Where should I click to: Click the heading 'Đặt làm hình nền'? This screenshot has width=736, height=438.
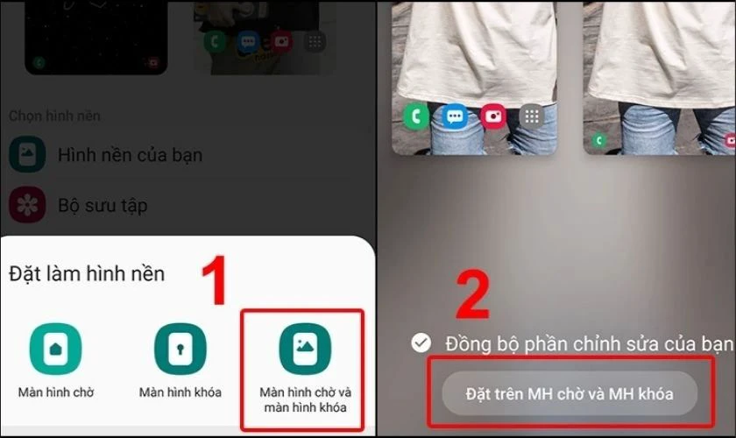[x=87, y=273]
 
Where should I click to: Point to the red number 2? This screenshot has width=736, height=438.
[x=474, y=296]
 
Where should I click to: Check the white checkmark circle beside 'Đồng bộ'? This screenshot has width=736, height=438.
[x=421, y=343]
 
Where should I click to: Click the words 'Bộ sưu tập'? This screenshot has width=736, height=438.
[x=102, y=206]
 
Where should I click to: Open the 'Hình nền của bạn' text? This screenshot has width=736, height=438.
[x=130, y=155]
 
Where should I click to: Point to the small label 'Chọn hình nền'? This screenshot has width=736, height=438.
[x=54, y=116]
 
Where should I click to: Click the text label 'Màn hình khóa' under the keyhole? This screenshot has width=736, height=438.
[x=180, y=392]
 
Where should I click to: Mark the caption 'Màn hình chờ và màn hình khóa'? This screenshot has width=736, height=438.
[x=303, y=399]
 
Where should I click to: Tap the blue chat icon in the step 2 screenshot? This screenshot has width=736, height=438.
[x=455, y=116]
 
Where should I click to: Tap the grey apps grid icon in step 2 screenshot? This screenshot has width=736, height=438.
[x=532, y=116]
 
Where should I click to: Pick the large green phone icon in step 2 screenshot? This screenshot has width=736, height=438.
[x=415, y=116]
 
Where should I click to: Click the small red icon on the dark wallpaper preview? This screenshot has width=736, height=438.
[x=153, y=62]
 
